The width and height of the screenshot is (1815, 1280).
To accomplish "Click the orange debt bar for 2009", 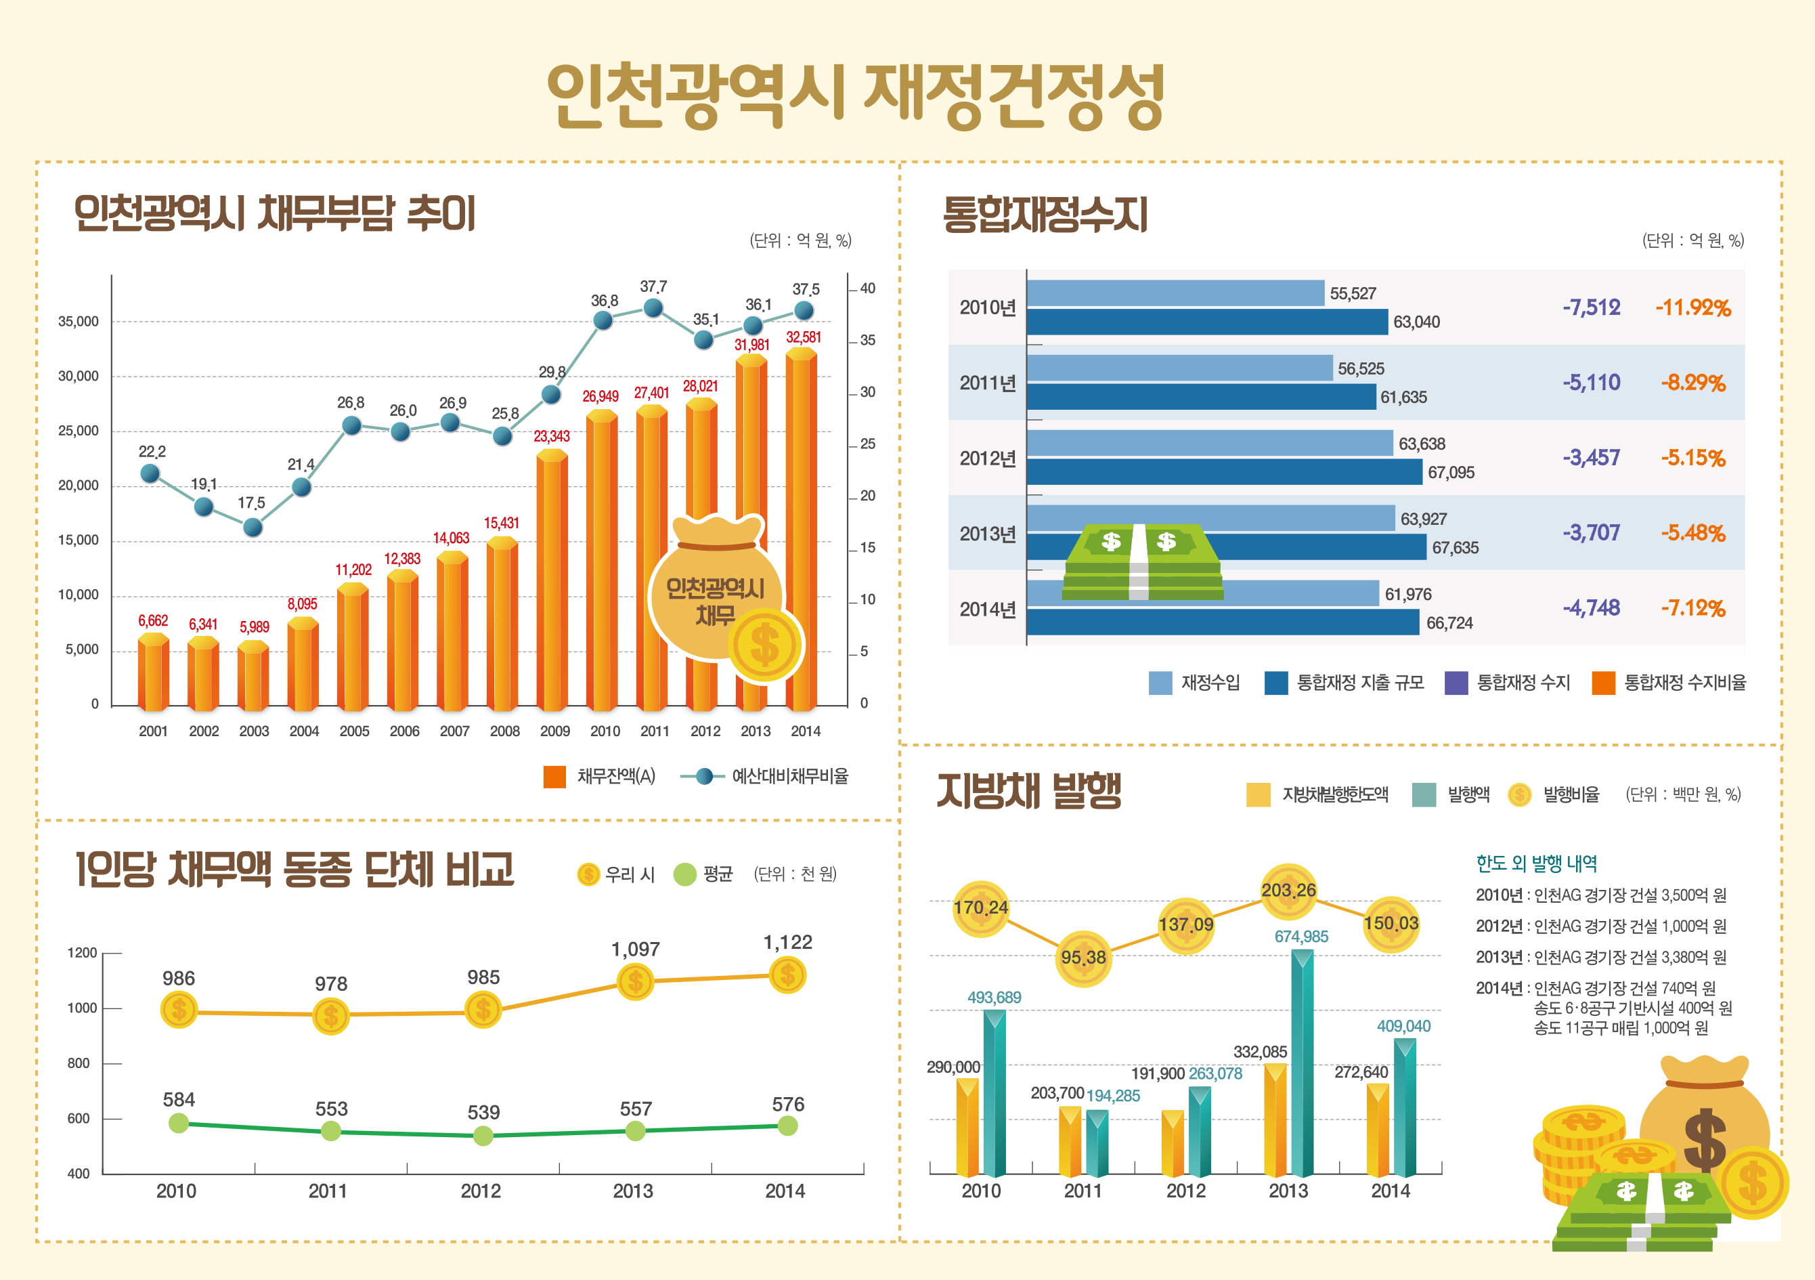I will [552, 581].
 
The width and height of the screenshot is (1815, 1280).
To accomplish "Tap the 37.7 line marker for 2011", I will [653, 307].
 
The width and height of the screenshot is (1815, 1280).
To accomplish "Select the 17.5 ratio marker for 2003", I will [252, 526].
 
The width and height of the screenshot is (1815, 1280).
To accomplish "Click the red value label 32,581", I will [803, 337].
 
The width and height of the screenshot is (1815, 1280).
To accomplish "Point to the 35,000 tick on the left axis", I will [79, 322].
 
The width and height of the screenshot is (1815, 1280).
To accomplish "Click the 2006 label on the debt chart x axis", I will [404, 731].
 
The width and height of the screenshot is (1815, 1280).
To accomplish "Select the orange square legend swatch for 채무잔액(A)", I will [555, 776].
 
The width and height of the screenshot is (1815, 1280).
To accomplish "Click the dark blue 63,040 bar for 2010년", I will [1207, 322].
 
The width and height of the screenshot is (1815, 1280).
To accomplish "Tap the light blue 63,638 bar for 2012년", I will [1210, 444].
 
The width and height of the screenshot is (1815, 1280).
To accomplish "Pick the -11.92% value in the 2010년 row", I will [1692, 307].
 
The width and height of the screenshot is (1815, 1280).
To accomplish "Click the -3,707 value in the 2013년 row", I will [1592, 533].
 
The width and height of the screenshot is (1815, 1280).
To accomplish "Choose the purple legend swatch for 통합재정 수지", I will [1456, 682].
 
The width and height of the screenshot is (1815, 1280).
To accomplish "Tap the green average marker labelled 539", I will [483, 1136].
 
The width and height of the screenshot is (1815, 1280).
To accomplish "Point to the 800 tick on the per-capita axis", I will [79, 1063].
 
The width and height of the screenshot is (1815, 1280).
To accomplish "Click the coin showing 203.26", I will [1288, 891].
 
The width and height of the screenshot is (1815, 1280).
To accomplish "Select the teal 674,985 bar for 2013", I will [1302, 1063].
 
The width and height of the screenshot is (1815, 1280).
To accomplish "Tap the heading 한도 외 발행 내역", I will [1536, 863].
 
